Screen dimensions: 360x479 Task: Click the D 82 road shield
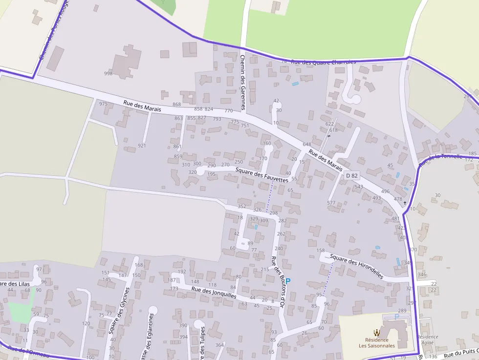(x=352, y=175)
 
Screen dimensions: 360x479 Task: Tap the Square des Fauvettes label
(x=261, y=175)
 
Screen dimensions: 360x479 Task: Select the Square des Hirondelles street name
(x=356, y=266)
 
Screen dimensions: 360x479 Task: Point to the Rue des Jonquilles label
(x=214, y=292)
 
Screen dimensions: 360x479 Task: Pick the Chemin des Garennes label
(x=242, y=82)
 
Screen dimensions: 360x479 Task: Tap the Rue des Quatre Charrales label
(x=323, y=62)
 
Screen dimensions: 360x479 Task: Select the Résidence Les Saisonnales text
(x=376, y=343)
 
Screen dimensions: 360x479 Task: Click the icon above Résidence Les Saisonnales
(x=376, y=332)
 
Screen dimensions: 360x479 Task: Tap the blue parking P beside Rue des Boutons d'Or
(x=288, y=281)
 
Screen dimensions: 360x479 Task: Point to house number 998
(x=108, y=74)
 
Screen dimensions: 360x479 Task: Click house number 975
(x=103, y=104)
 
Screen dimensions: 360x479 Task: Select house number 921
(x=142, y=146)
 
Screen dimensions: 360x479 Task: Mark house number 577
(x=331, y=203)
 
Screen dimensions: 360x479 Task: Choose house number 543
(x=359, y=187)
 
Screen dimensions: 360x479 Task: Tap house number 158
(x=321, y=251)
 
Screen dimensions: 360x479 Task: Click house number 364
(x=219, y=345)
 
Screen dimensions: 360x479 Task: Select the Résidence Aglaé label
(x=428, y=340)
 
